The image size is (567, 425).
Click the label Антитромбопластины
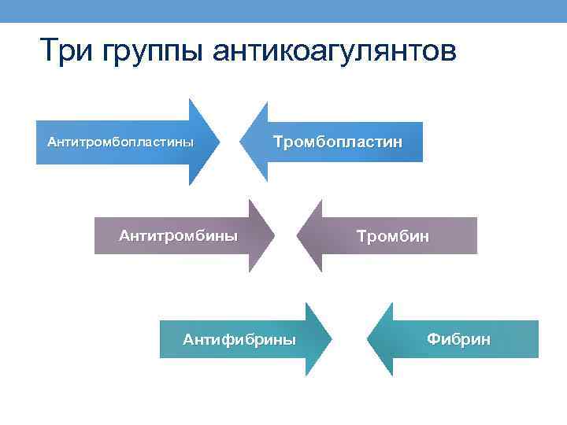coord(120,142)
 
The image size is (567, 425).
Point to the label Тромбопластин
coord(337,142)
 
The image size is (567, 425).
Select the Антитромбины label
coord(178,235)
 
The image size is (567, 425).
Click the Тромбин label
coord(393,236)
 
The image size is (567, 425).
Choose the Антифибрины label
coord(239,339)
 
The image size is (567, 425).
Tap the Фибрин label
coord(458,339)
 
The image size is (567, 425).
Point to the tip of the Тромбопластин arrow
coord(239,142)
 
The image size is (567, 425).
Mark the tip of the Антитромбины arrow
coord(275,235)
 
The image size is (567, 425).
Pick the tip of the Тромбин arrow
coord(296,235)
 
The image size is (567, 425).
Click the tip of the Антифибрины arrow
coord(332,339)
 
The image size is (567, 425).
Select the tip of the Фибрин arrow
coord(367,339)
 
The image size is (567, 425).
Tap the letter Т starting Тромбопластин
coord(277,142)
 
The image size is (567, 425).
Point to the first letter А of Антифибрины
coord(187,339)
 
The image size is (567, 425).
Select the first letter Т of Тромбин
coord(361,236)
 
